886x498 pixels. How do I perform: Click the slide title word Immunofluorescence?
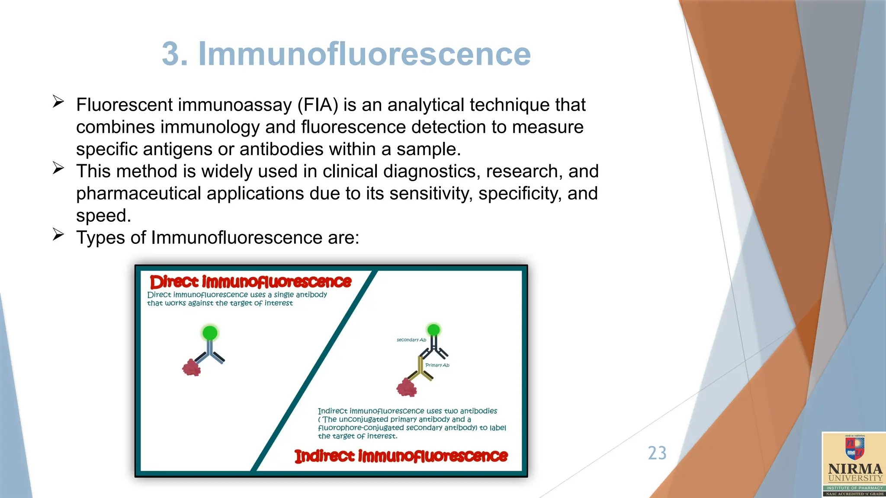tap(364, 54)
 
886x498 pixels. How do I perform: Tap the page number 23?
tap(657, 453)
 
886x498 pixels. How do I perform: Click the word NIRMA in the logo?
tap(855, 469)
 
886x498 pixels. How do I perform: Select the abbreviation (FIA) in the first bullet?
tap(318, 105)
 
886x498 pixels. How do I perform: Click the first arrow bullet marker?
tap(58, 102)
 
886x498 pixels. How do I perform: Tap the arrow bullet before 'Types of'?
tap(58, 234)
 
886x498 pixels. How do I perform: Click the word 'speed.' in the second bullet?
tap(103, 216)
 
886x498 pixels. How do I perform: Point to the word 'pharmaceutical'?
tap(138, 194)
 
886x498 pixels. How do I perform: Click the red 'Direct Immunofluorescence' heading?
tap(250, 282)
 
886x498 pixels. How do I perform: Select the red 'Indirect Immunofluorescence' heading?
tap(401, 456)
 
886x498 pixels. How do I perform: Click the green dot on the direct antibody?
tap(210, 333)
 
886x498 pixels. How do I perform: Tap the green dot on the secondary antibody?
tap(433, 330)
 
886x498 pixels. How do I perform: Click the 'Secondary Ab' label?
tap(411, 340)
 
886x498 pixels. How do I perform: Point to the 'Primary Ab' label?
tap(437, 365)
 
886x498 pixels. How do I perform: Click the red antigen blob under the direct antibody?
tap(191, 368)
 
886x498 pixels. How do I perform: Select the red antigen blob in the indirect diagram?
tap(407, 387)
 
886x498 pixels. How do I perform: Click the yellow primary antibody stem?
tap(420, 366)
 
